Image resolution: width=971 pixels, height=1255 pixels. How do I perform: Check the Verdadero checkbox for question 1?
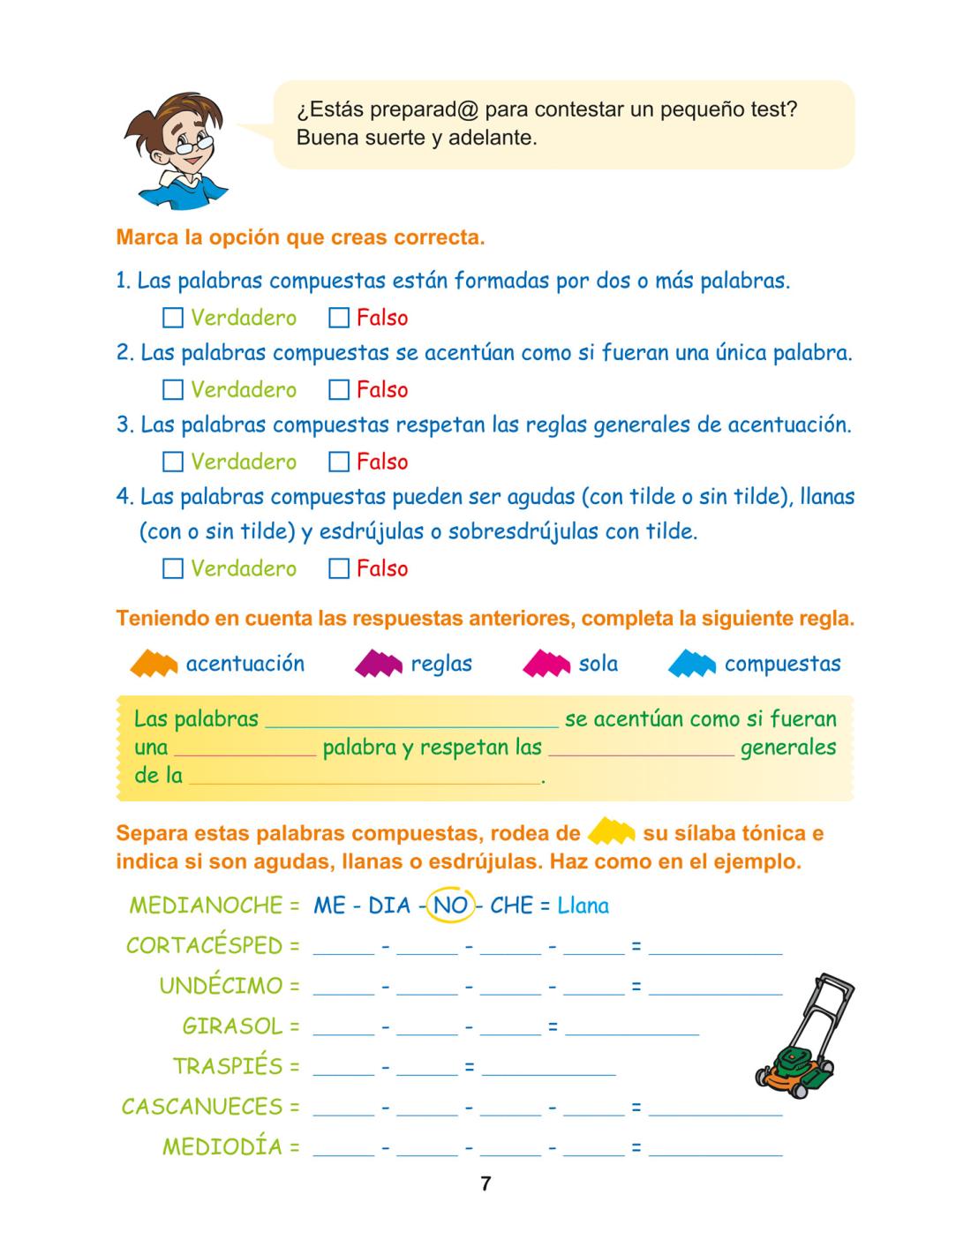tap(173, 318)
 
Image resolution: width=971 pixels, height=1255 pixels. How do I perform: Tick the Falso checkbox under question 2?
tap(339, 389)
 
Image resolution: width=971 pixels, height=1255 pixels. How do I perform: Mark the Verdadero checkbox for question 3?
tap(173, 462)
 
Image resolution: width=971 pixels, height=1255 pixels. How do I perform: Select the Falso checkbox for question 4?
tap(339, 568)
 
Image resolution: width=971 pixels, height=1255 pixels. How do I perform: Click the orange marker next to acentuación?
tap(154, 664)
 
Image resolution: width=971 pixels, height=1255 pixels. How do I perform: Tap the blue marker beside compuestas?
tap(692, 664)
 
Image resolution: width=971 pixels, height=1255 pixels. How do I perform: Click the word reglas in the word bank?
tap(441, 664)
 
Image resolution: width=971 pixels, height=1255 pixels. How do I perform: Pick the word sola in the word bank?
tap(598, 664)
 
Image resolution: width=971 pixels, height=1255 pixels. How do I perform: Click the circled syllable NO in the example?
tap(450, 906)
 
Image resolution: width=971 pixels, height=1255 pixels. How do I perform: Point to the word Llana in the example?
tap(583, 906)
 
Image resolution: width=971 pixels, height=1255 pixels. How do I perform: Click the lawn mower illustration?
tap(801, 1037)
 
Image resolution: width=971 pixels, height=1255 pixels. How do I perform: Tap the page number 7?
tap(485, 1184)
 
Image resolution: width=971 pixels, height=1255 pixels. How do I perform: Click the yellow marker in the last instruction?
tap(612, 832)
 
